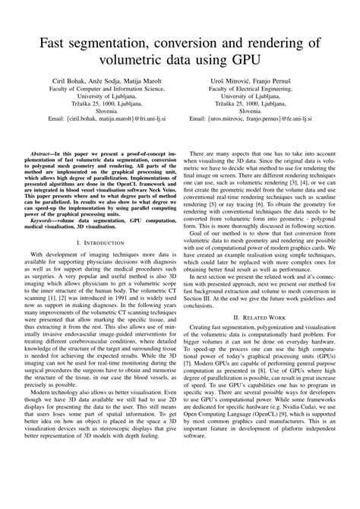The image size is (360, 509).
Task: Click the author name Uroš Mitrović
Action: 220,80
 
